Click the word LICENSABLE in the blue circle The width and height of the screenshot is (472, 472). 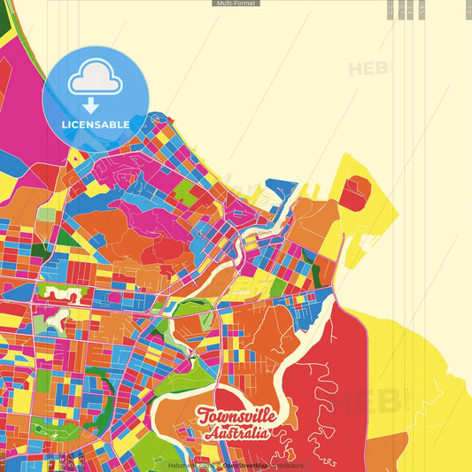pos(96,124)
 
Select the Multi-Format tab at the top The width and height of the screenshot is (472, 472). pos(236,4)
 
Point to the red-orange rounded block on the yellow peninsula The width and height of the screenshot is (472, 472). pos(356,189)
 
